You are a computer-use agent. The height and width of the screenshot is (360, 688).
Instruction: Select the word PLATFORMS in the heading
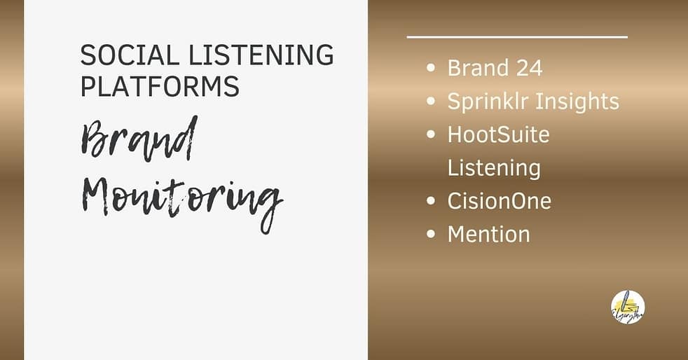pyautogui.click(x=160, y=86)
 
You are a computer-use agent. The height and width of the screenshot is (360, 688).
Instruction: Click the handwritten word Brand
pyautogui.click(x=139, y=141)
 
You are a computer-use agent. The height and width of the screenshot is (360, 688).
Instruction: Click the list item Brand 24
pyautogui.click(x=495, y=68)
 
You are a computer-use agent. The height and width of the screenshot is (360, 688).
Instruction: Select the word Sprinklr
pyautogui.click(x=488, y=102)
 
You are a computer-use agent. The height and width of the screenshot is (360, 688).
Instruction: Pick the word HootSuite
pyautogui.click(x=498, y=134)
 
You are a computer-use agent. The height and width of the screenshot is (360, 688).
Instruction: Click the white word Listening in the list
pyautogui.click(x=494, y=168)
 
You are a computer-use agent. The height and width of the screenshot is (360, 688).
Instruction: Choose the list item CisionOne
pyautogui.click(x=499, y=201)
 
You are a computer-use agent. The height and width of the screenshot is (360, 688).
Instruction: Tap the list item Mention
pyautogui.click(x=488, y=234)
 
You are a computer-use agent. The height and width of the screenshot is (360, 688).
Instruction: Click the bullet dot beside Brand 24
pyautogui.click(x=432, y=69)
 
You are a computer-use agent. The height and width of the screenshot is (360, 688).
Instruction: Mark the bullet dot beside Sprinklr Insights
pyautogui.click(x=432, y=102)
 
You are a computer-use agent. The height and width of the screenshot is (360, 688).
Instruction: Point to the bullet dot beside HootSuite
pyautogui.click(x=432, y=135)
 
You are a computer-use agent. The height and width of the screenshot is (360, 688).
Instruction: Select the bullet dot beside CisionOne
pyautogui.click(x=432, y=202)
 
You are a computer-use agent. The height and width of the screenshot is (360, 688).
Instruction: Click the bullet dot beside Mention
pyautogui.click(x=432, y=235)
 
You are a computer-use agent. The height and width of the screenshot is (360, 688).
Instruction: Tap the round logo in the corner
pyautogui.click(x=628, y=307)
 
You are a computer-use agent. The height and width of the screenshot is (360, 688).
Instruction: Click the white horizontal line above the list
pyautogui.click(x=517, y=36)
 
